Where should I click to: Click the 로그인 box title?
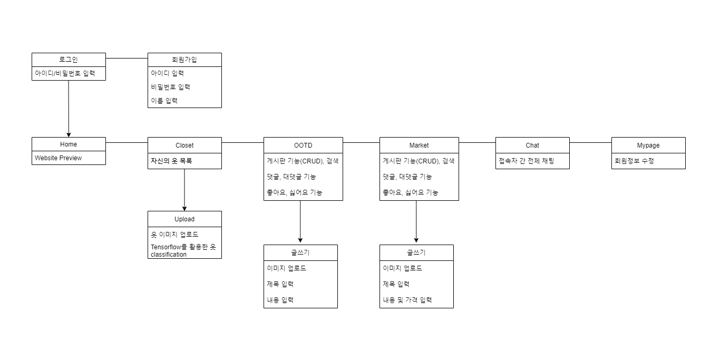(x=69, y=60)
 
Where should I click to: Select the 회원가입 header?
(x=184, y=60)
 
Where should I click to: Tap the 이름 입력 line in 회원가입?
(x=164, y=101)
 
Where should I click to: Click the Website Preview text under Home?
(x=59, y=158)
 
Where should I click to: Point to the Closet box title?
(x=184, y=145)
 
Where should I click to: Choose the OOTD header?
(x=303, y=145)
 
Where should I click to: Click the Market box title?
(x=419, y=145)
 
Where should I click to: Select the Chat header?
(x=532, y=145)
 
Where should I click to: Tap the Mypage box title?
(x=648, y=145)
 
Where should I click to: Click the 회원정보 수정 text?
(x=635, y=161)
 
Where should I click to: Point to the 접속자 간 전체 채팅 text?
(x=527, y=161)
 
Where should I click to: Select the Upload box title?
(x=184, y=219)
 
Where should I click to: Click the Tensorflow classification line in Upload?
(x=183, y=250)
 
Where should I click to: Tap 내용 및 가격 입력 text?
(x=407, y=300)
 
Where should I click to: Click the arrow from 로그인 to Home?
(x=69, y=108)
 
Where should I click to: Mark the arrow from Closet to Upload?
(x=184, y=190)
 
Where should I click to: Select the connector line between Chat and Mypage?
(x=590, y=142)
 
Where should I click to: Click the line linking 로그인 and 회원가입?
(x=127, y=58)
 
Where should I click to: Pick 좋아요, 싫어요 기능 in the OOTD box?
(x=295, y=192)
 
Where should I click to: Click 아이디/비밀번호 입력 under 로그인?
(x=65, y=73)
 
